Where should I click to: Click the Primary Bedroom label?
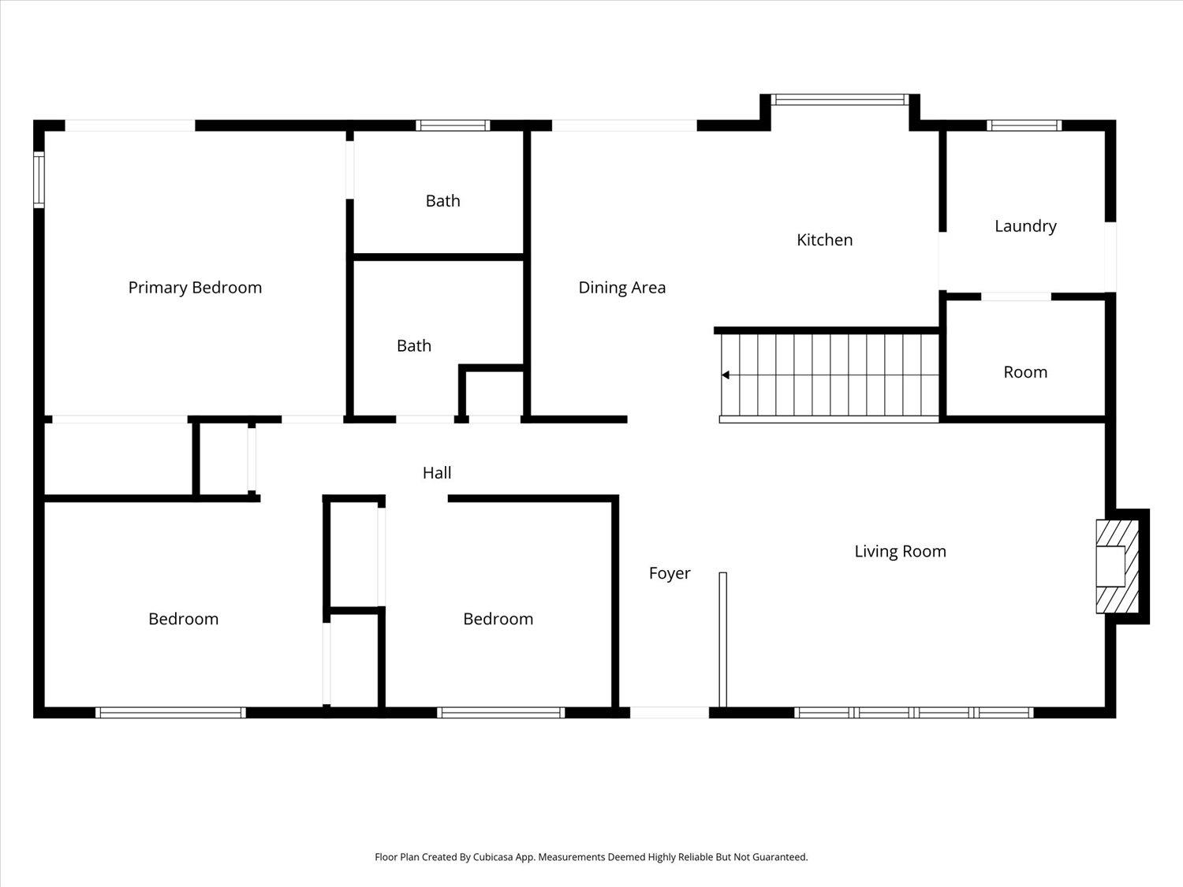(x=195, y=288)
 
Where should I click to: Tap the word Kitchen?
(x=824, y=240)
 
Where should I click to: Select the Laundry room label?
(x=1024, y=226)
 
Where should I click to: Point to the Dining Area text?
(x=621, y=288)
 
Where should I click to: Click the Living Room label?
(x=900, y=551)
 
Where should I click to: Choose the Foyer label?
(x=669, y=573)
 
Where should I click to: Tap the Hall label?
(x=436, y=472)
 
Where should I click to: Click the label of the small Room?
(x=1024, y=372)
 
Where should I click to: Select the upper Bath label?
(x=442, y=201)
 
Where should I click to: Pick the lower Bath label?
(x=413, y=345)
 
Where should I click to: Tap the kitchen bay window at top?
(x=839, y=99)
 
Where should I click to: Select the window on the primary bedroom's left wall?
(x=39, y=180)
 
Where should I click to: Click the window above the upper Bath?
(x=453, y=125)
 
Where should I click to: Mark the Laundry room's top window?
(x=1024, y=125)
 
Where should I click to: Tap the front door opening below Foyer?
(x=669, y=713)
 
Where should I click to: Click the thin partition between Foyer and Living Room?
(x=722, y=639)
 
